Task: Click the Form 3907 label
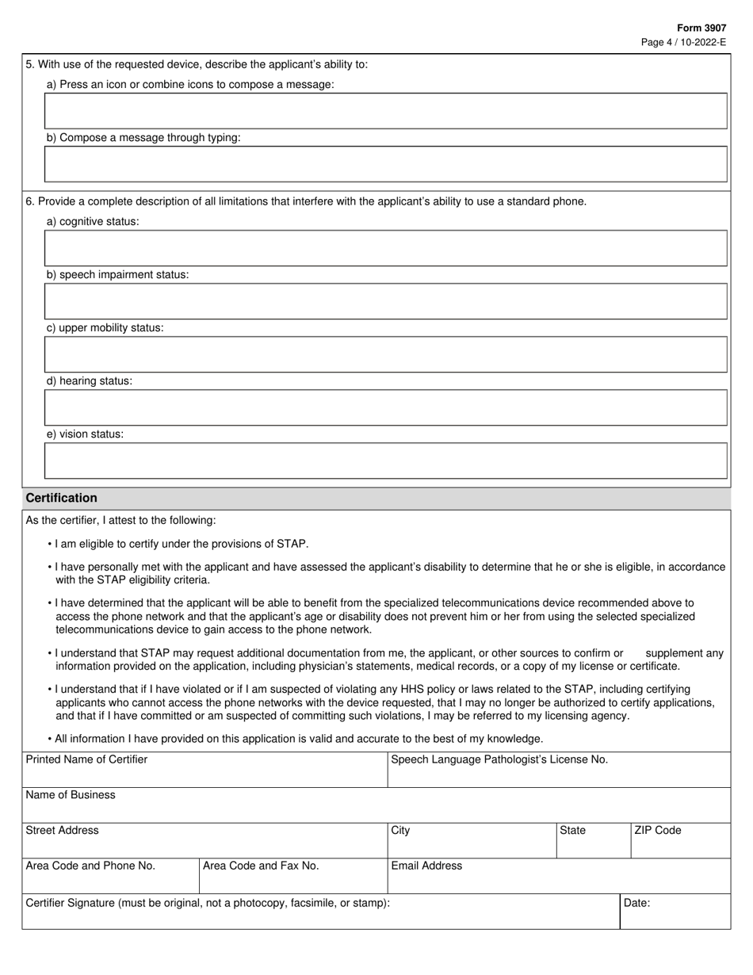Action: point(701,28)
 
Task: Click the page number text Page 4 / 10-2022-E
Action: point(683,42)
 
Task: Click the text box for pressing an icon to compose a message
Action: point(385,111)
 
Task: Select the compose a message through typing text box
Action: point(385,164)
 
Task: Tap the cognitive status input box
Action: point(385,248)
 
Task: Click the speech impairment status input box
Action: point(385,301)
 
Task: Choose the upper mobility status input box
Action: point(385,354)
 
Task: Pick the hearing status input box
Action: point(385,407)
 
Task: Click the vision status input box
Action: point(385,461)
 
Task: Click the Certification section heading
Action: point(62,498)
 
